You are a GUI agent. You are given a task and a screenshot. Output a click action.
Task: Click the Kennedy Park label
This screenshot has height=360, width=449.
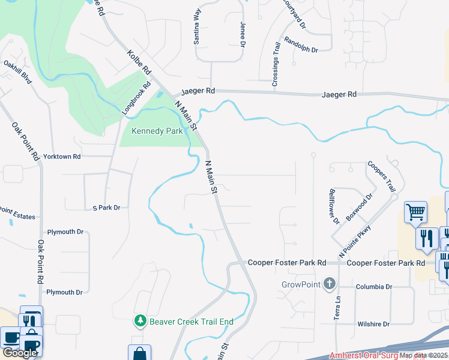157,130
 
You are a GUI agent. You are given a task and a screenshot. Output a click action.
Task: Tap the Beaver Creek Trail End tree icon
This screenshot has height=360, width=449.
140,322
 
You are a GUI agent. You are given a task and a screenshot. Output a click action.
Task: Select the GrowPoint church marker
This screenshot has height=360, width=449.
329,284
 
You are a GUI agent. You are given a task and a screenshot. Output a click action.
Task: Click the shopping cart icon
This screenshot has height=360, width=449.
415,211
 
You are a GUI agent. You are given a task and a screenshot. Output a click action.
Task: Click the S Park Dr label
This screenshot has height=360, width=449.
106,208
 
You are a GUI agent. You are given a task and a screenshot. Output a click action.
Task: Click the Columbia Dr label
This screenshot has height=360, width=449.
373,287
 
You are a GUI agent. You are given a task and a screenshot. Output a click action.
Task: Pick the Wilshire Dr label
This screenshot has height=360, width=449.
373,324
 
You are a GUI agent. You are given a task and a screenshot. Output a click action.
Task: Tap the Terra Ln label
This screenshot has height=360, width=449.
337,308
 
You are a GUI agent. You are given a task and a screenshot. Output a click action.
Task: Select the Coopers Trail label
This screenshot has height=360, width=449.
382,175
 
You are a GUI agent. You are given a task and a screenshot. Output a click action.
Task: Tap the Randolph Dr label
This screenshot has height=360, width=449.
301,46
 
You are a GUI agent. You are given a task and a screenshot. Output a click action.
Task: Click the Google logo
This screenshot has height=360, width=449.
20,353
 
